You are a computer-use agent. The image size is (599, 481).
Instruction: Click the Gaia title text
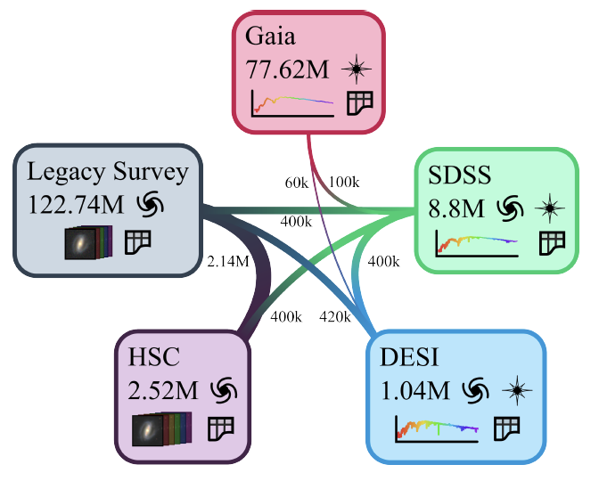click(x=270, y=37)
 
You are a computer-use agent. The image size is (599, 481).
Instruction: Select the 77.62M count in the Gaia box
click(x=286, y=69)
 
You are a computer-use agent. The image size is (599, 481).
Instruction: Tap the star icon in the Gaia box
click(x=357, y=69)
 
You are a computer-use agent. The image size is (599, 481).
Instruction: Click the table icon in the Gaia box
click(x=359, y=102)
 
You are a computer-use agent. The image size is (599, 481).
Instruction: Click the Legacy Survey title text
click(x=108, y=171)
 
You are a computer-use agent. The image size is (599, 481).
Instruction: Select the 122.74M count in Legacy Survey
click(x=76, y=204)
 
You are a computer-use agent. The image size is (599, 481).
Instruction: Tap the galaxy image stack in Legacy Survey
click(x=86, y=241)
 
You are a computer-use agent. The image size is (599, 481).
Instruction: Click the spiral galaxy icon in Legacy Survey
click(x=151, y=205)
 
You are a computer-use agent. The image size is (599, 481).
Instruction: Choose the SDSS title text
click(x=459, y=175)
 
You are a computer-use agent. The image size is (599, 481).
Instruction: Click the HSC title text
click(x=155, y=358)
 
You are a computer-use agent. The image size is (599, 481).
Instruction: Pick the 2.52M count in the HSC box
click(x=166, y=391)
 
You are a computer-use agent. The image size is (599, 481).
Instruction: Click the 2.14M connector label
click(x=224, y=264)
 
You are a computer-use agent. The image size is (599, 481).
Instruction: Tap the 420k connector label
click(x=334, y=315)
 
